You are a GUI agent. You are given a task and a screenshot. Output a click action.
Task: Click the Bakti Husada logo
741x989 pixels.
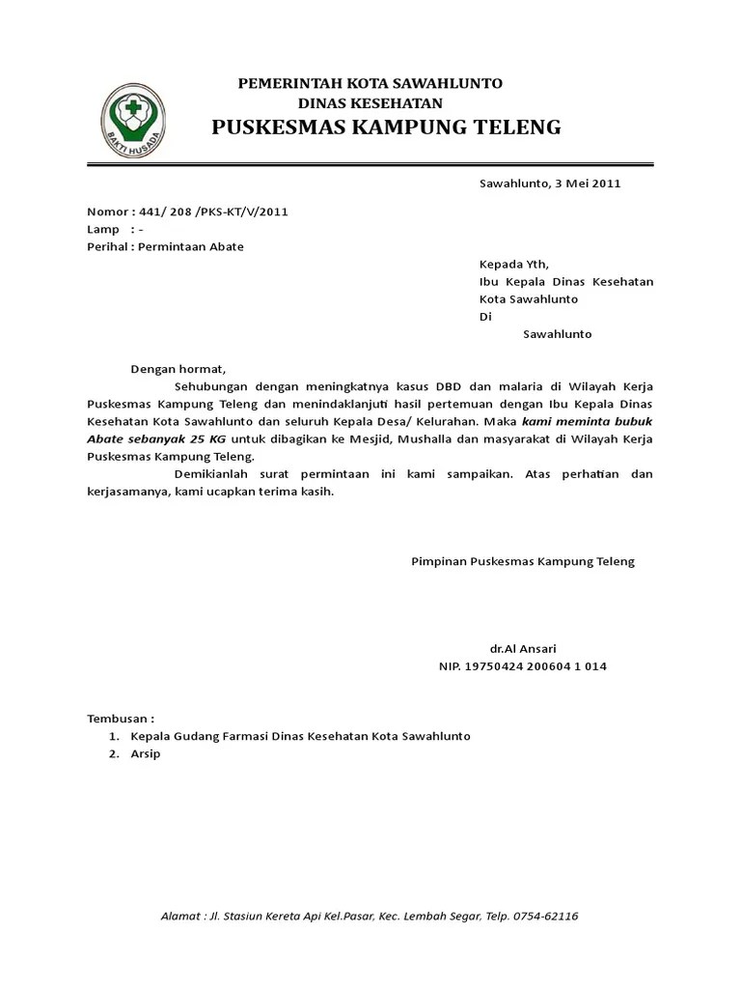point(135,121)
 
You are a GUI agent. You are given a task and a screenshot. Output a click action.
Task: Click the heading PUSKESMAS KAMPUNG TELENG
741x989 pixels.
point(386,127)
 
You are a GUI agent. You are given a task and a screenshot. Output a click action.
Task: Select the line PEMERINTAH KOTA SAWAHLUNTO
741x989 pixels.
point(370,84)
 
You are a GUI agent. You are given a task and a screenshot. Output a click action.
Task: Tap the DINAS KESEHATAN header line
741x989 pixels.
point(370,103)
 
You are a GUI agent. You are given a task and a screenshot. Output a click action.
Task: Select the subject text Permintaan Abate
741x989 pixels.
point(191,247)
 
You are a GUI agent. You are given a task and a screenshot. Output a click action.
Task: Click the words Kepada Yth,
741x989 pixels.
point(514,265)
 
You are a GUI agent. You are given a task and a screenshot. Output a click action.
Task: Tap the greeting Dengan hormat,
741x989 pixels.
point(178,369)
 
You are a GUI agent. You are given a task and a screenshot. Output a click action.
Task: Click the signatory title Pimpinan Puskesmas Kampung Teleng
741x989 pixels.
point(523,561)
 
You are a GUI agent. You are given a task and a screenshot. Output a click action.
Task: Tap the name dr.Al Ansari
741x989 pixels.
point(523,648)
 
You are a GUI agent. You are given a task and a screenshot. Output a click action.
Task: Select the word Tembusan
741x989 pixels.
point(119,719)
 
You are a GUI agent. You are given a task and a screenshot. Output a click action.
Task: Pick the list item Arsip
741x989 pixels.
point(146,753)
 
